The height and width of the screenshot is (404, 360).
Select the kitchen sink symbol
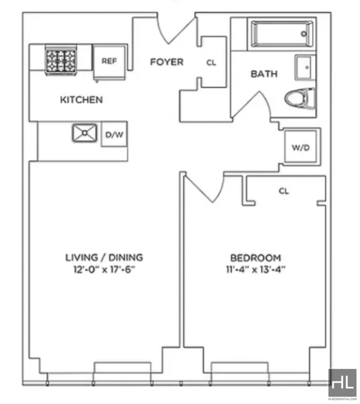click(85, 133)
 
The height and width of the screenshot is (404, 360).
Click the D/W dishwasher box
click(114, 135)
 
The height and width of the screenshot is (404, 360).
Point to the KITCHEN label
click(81, 100)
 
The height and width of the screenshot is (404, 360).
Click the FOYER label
click(167, 62)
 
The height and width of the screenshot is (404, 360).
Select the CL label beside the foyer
click(211, 63)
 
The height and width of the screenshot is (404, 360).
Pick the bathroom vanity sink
click(305, 67)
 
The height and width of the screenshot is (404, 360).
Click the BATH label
click(264, 74)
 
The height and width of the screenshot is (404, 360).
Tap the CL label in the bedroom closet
click(283, 191)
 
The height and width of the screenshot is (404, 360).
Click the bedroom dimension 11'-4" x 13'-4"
click(256, 269)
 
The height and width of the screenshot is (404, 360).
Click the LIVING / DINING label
click(104, 258)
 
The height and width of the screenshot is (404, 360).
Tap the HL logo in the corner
click(342, 383)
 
